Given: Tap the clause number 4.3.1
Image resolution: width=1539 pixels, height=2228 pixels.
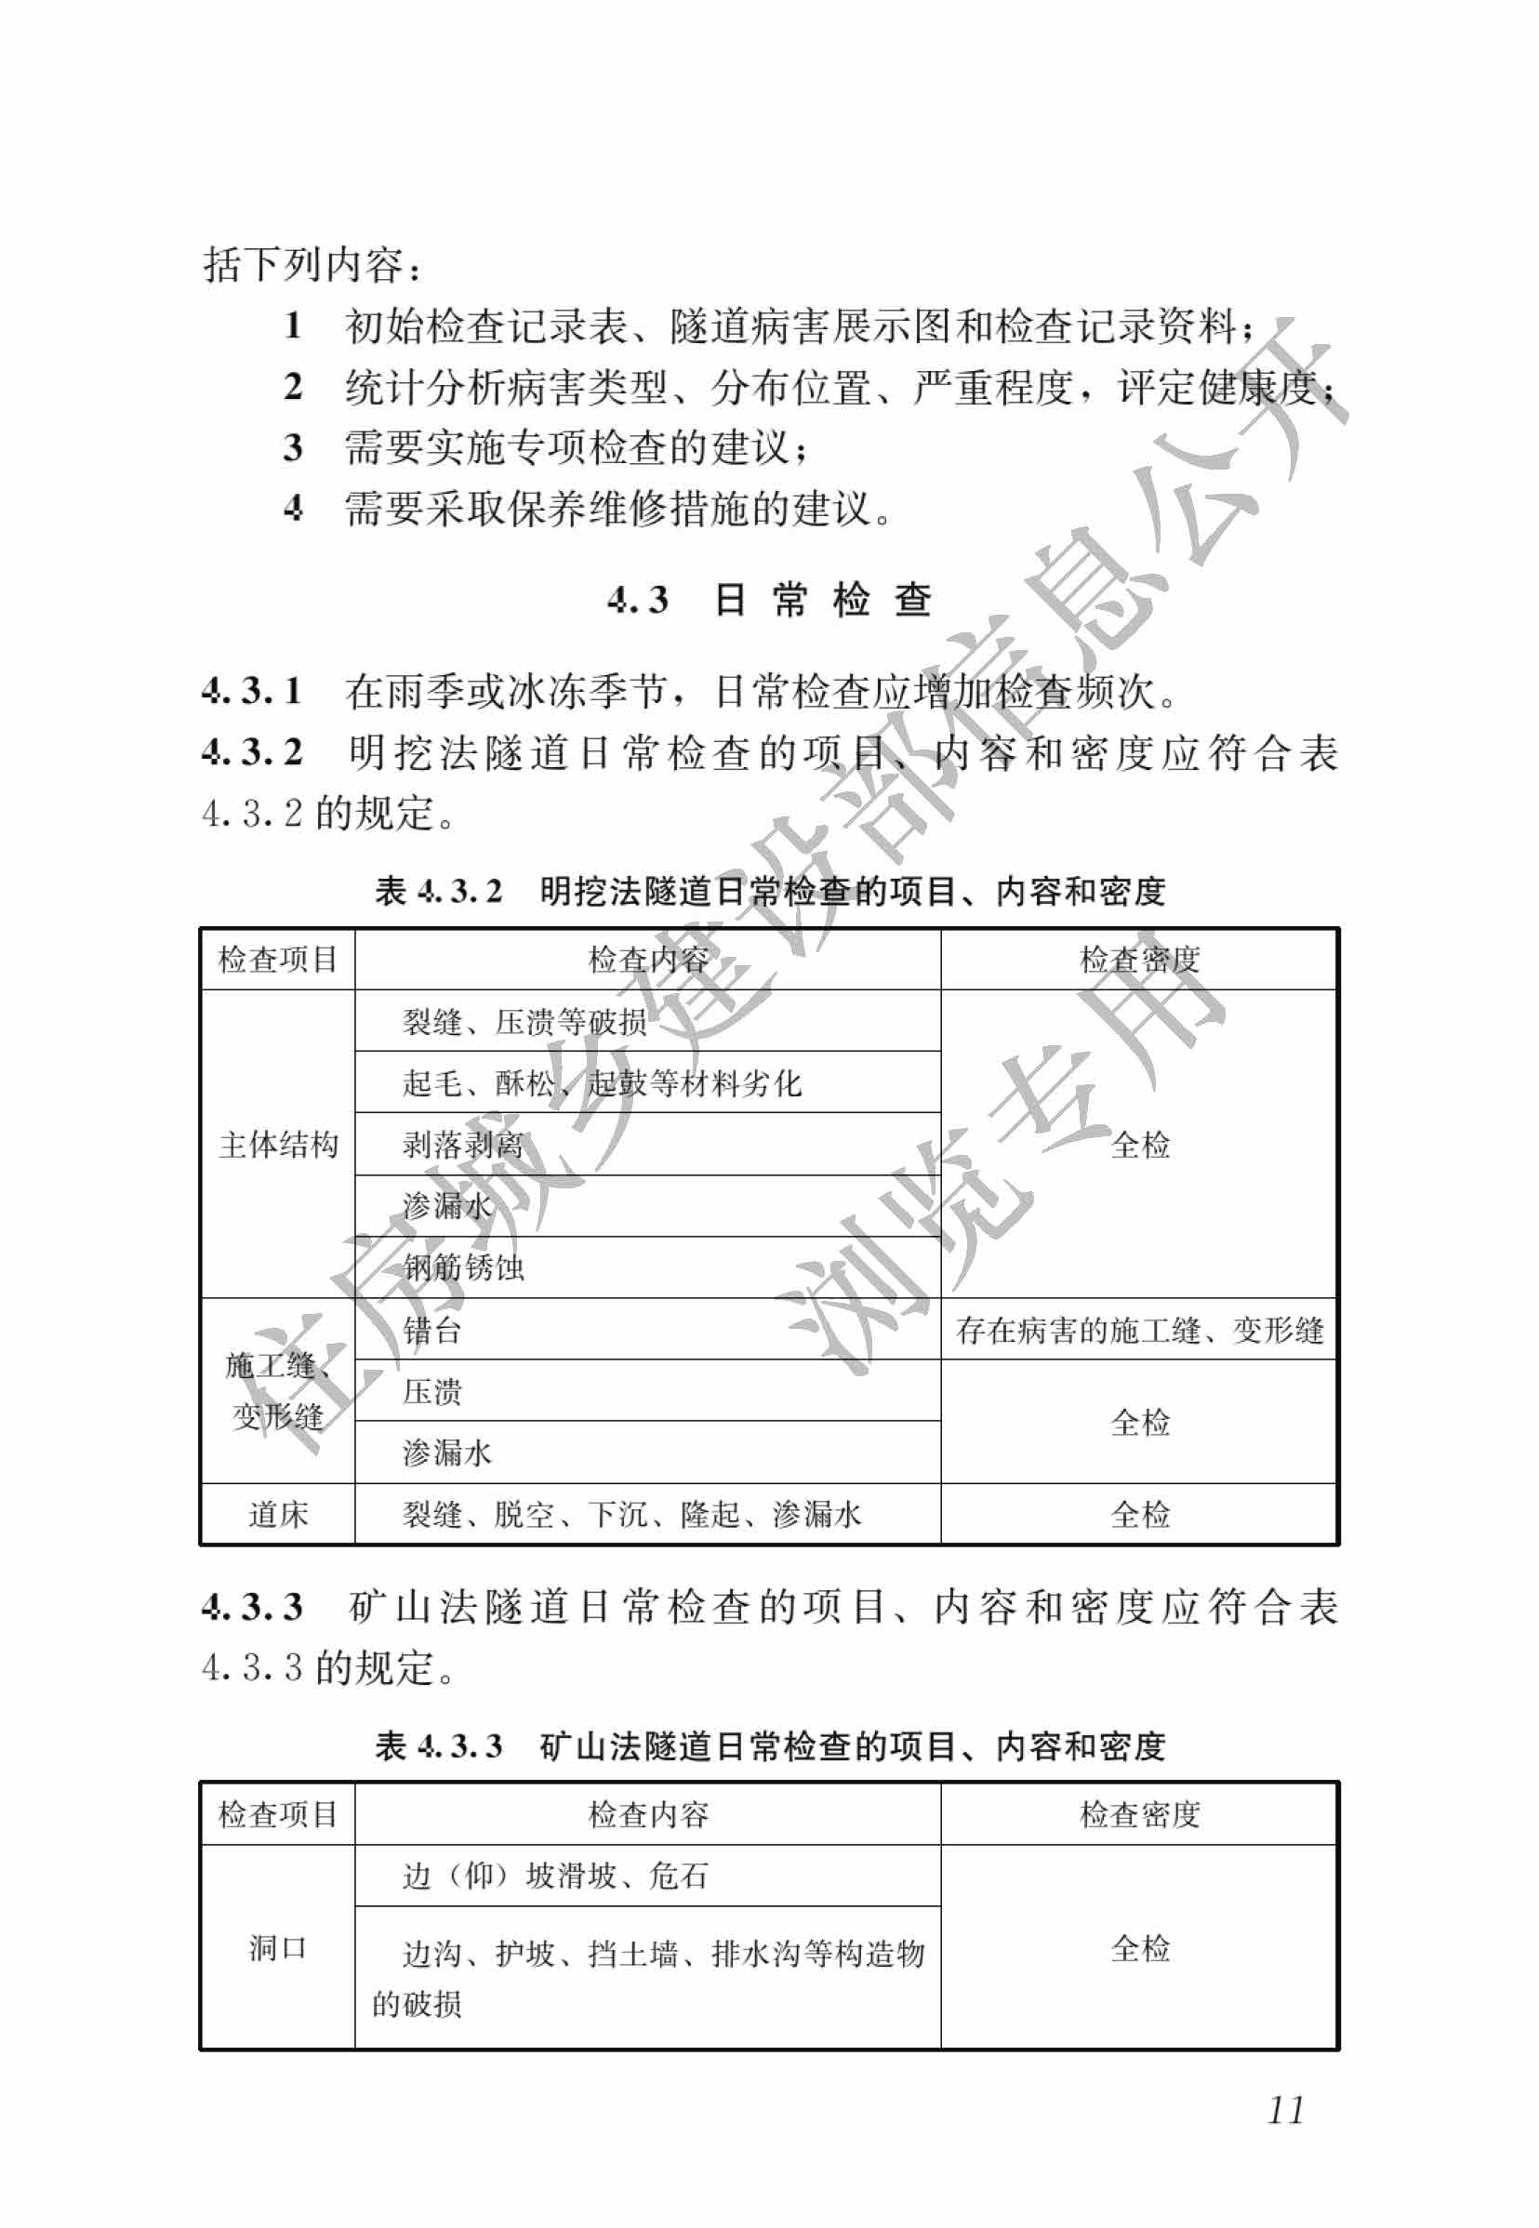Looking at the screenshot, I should pos(252,690).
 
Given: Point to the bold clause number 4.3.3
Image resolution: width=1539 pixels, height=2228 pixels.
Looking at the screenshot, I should pos(252,1606).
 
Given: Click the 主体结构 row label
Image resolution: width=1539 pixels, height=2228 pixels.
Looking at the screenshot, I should pos(278,1145).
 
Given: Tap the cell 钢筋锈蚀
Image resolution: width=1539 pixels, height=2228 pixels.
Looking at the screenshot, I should pos(464,1267).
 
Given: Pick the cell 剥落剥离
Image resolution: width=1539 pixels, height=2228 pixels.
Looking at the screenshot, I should pos(463,1145).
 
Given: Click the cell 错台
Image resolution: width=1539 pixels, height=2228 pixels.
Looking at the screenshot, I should pos(432,1331).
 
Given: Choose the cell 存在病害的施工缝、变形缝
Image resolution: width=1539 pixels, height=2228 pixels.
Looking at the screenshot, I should pos(1139,1331).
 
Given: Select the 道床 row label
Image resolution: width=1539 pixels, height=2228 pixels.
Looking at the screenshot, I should pos(278,1515).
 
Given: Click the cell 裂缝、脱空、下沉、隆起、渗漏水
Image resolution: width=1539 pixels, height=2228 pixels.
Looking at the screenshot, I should pos(631,1515).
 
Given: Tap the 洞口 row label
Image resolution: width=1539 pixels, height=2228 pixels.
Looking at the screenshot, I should pos(278,1947).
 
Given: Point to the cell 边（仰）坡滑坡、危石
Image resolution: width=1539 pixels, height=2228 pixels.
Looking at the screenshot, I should pos(555,1876).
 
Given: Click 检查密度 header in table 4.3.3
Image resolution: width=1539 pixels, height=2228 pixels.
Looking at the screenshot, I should pos(1139,1814).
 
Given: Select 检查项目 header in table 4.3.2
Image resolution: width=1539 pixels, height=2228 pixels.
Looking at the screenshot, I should pos(278,960).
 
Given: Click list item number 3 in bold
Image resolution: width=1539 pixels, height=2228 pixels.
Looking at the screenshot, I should pos(293,447).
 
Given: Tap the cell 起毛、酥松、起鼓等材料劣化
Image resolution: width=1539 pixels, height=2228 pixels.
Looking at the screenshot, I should pos(602,1082).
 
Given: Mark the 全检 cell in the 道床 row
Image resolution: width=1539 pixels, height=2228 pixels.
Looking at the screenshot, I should pos(1139,1515).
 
